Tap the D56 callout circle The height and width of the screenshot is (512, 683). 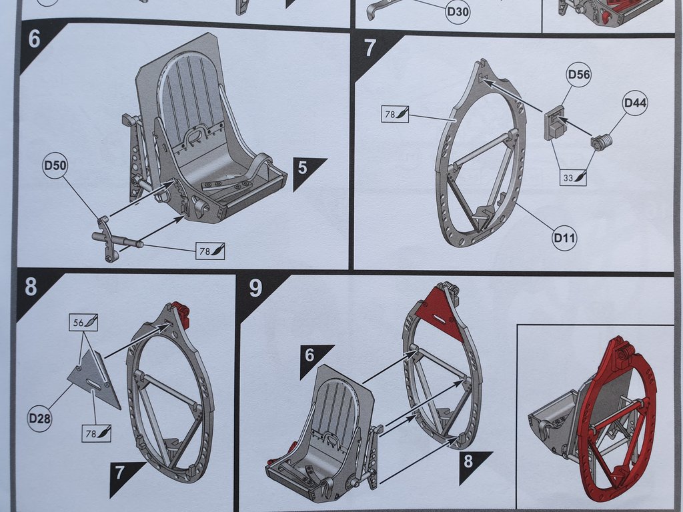[x=579, y=74]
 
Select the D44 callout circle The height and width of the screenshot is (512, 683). [x=635, y=104]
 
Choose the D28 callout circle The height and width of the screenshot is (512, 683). [x=40, y=419]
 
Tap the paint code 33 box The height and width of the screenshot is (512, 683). [x=572, y=177]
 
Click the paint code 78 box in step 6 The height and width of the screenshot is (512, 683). [x=210, y=251]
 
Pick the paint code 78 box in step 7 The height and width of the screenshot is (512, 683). [x=397, y=114]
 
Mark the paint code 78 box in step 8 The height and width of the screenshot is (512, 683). [x=96, y=433]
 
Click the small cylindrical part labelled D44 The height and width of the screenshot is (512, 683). [x=602, y=142]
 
